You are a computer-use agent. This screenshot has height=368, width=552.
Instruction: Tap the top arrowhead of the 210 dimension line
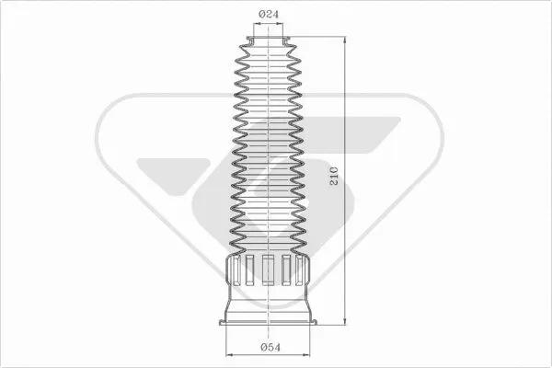[344, 42]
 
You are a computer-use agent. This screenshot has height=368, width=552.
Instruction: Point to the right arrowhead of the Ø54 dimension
[309, 353]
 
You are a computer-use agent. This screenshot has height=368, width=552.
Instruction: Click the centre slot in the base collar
[268, 270]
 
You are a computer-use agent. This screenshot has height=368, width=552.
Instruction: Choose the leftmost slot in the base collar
[232, 270]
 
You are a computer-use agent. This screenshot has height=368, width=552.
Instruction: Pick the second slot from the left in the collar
[248, 270]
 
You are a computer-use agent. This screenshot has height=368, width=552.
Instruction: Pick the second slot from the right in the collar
[287, 270]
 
